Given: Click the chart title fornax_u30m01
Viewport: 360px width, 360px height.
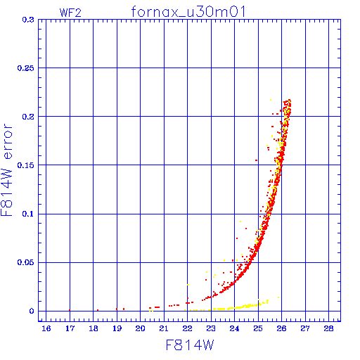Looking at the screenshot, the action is point(188,12).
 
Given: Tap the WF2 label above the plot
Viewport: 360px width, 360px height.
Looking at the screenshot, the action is point(70,13).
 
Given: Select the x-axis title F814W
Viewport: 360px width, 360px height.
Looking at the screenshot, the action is point(190,345).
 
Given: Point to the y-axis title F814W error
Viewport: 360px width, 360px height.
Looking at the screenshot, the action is point(6,170).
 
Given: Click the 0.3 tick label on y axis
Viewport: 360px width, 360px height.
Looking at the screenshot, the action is point(28,20).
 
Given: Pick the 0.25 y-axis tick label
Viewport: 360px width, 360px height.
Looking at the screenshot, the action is point(26,68).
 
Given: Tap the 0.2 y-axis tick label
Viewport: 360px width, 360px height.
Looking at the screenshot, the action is point(28,117).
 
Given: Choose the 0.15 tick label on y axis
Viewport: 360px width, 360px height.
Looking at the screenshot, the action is point(26,165).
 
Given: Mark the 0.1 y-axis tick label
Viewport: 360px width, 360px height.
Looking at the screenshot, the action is point(28,214).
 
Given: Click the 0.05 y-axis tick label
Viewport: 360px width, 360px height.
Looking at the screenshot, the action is point(26,262).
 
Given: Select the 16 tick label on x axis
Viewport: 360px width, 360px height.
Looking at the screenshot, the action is point(46,328).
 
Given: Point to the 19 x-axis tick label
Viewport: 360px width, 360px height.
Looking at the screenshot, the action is point(117,328).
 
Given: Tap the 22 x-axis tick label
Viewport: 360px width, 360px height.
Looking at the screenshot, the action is point(188,328).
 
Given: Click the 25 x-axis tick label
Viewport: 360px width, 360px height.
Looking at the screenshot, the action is point(258,328).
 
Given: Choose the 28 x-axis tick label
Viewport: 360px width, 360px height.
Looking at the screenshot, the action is point(329,328).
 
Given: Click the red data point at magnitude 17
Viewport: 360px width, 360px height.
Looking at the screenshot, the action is point(70,310).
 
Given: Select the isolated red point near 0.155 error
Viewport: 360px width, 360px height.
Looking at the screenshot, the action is point(256,160).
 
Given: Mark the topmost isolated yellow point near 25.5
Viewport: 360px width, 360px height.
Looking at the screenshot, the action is point(271,100).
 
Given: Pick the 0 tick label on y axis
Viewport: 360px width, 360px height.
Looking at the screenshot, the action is point(32,311).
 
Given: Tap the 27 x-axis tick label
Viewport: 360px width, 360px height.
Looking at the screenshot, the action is point(305,328).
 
